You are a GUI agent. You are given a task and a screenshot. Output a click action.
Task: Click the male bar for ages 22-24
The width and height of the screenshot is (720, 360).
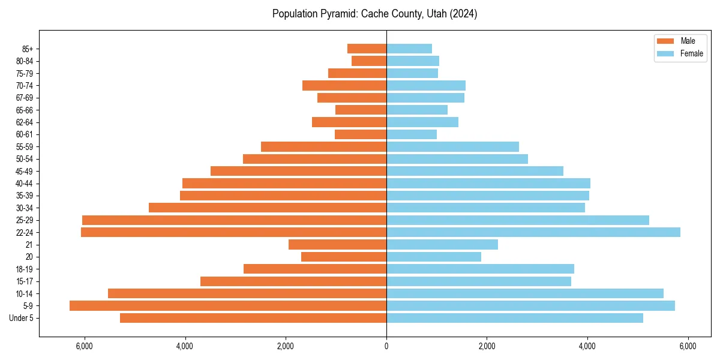[233, 232]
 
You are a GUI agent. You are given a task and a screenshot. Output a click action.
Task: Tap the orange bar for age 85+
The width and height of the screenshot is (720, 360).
[367, 49]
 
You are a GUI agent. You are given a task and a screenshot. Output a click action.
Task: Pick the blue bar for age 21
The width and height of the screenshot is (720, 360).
[442, 244]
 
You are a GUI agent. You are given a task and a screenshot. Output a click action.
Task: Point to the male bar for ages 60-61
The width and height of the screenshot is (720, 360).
[360, 134]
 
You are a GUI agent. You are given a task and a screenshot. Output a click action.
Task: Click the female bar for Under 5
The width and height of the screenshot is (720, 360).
[515, 318]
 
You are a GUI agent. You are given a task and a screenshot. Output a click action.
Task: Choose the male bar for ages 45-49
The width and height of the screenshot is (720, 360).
[298, 171]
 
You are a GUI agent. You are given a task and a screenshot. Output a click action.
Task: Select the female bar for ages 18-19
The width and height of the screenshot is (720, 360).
[480, 269]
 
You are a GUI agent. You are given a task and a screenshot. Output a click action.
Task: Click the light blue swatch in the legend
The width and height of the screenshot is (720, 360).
[665, 53]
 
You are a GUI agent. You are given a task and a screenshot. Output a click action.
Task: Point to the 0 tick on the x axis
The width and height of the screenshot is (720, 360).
[386, 346]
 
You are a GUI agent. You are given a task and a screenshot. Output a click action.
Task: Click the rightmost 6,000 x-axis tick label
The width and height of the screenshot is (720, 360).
[688, 346]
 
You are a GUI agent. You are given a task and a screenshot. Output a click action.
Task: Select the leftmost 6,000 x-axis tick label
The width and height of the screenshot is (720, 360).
[85, 346]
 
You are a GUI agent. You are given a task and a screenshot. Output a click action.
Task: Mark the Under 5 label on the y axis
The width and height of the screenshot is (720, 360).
[22, 318]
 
